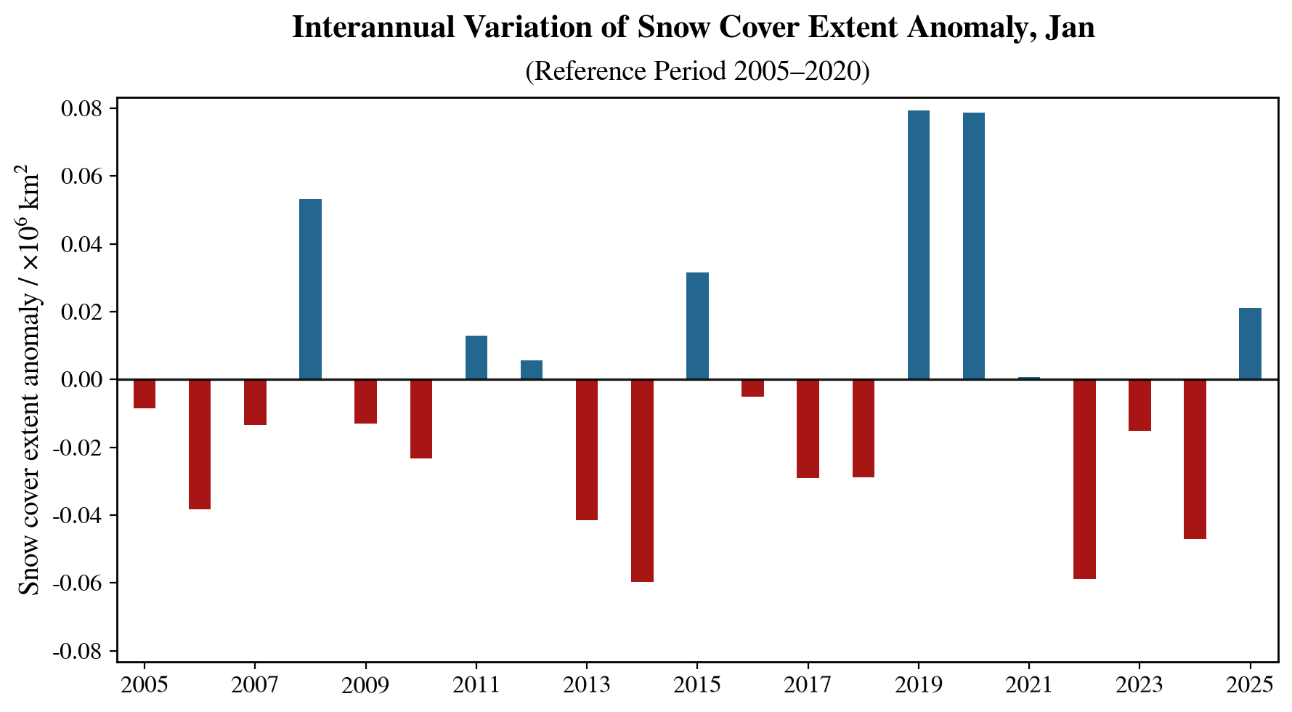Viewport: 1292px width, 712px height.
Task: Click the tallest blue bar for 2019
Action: coord(918,245)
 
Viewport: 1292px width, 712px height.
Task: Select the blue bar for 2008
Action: coord(310,289)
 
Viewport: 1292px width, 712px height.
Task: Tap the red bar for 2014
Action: coord(642,480)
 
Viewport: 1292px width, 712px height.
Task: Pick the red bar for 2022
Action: coord(1084,479)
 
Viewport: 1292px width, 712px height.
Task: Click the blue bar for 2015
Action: coord(697,325)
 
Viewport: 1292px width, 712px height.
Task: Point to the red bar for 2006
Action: coord(200,444)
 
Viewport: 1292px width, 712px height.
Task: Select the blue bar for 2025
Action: coord(1250,344)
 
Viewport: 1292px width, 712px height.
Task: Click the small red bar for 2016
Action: coord(752,388)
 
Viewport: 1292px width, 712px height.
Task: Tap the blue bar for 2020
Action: coord(973,246)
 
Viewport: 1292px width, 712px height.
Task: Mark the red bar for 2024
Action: coord(1195,459)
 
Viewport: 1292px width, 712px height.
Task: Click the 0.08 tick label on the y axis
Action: coord(83,109)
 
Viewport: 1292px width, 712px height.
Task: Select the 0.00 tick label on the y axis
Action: coord(83,380)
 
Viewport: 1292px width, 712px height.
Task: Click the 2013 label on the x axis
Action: coord(586,685)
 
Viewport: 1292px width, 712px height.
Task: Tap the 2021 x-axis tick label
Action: coord(1028,685)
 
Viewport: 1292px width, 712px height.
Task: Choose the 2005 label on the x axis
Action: coord(145,685)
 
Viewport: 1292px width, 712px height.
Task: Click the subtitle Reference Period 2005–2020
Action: coord(697,71)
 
